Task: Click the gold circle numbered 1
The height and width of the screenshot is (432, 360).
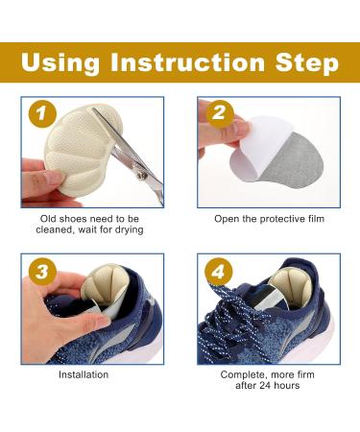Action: coord(42,114)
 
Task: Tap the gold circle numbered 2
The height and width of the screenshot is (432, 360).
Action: coord(219,114)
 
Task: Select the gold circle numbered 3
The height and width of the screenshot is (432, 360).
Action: coord(42,272)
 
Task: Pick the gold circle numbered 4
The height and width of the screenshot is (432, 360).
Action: coord(219,272)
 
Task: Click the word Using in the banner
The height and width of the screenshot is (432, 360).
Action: coord(60,62)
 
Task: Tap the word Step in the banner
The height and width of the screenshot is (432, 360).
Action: coord(307,63)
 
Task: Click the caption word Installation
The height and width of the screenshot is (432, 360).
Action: coord(84,374)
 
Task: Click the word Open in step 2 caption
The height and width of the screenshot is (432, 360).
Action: coord(227,219)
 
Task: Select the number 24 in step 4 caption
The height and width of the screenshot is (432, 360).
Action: coord(265,385)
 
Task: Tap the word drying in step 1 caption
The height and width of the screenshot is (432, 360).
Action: coord(130,229)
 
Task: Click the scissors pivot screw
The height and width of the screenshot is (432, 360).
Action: coord(142,175)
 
